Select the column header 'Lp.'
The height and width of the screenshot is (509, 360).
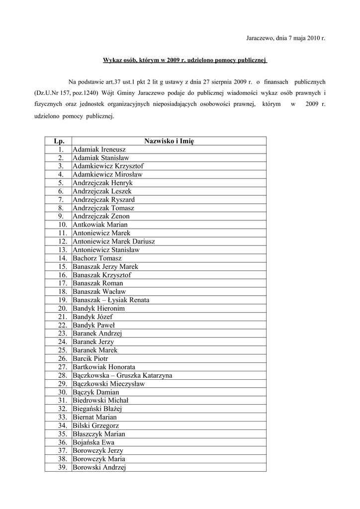pos(59,141)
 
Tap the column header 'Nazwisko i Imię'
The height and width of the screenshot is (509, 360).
pos(169,141)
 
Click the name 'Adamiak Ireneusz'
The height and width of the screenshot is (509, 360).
pos(99,150)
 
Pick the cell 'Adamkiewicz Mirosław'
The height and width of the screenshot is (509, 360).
pos(107,174)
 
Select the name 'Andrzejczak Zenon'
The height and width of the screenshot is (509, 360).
pos(101,216)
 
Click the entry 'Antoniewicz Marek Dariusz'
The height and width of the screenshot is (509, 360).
pos(114,242)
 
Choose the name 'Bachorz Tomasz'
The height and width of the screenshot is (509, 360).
pos(97,258)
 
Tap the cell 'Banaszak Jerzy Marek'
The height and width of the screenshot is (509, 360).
pos(105,267)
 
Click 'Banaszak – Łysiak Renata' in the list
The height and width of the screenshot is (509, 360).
pos(111,300)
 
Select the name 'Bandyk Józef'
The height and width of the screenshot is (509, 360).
pos(92,317)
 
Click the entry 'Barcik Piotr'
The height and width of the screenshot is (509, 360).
pos(90,358)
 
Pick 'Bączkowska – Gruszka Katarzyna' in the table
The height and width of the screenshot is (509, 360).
pos(122,375)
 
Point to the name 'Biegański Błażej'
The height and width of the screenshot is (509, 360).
pos(97,409)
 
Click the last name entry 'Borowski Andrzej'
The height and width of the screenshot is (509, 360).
pos(99,467)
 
